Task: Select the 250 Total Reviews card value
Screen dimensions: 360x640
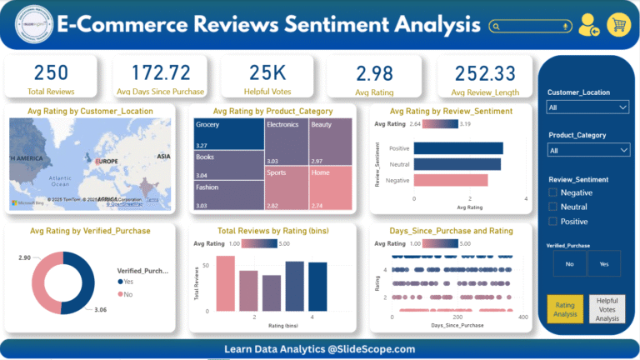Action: [52, 72]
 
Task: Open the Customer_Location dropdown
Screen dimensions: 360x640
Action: [587, 107]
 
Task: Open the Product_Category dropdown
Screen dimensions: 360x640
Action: [587, 150]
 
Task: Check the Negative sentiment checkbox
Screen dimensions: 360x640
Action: [553, 192]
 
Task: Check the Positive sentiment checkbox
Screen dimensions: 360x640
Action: [553, 221]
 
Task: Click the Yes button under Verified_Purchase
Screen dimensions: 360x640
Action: [604, 263]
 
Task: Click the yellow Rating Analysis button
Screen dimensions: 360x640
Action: [565, 309]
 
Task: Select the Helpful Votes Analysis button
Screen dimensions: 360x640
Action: [607, 309]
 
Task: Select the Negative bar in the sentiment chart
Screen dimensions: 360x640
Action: [450, 180]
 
